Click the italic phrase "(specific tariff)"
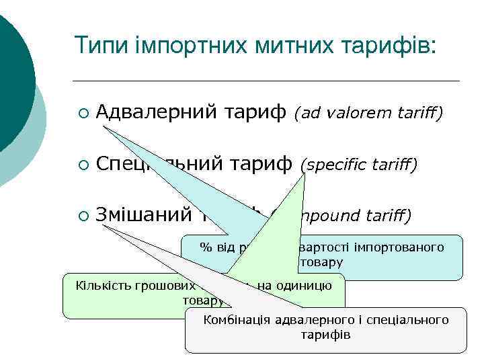point(358,163)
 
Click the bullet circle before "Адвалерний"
point(83,114)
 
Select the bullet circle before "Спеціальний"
point(83,164)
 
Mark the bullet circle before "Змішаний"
point(83,215)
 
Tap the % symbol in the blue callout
point(205,247)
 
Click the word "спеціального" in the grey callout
point(409,320)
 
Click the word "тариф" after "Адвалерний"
point(255,114)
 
